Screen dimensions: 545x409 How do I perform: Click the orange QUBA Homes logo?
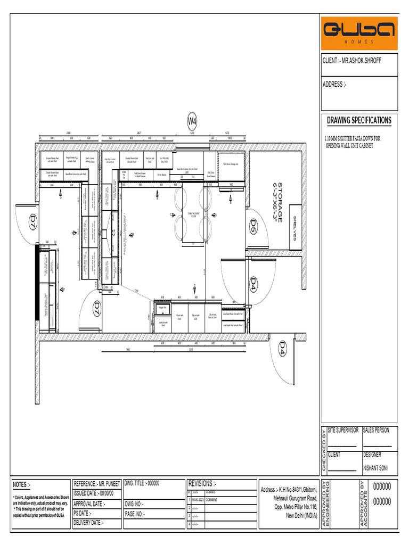[x=359, y=33]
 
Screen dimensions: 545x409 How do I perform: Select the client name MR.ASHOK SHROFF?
[x=351, y=61]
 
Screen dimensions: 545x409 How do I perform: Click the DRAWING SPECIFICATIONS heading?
[x=358, y=120]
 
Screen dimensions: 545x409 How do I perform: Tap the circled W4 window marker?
[x=192, y=121]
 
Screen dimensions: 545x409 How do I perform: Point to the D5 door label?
[x=253, y=227]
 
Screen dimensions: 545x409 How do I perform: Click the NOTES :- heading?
[x=22, y=485]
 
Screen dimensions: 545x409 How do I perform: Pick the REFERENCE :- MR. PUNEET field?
[x=96, y=484]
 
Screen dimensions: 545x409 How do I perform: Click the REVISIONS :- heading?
[x=202, y=484]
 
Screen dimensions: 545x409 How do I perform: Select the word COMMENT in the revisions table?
[x=211, y=500]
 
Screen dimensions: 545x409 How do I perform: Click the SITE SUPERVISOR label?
[x=343, y=430]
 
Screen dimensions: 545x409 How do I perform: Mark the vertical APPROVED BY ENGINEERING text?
[x=327, y=503]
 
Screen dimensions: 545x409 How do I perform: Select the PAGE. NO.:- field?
[x=135, y=514]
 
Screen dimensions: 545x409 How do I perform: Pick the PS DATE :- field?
[x=82, y=514]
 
